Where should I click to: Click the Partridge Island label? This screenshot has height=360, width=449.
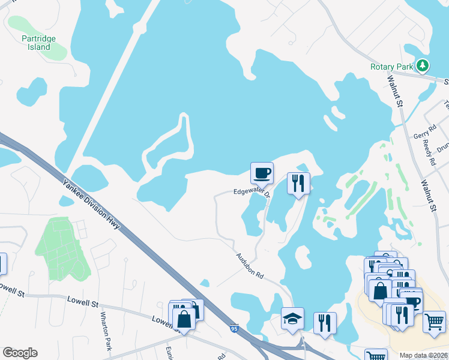coord(38,43)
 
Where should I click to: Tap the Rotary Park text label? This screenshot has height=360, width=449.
coord(392,67)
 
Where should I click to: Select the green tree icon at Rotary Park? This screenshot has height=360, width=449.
coord(423,65)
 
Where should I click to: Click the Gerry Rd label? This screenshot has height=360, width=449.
coord(423,136)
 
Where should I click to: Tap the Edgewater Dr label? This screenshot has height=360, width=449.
coord(252,192)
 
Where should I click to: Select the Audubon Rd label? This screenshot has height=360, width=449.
coord(250,265)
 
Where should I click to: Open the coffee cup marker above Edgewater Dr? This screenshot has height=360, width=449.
coord(262,173)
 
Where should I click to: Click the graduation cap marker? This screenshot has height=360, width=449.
coord(292,319)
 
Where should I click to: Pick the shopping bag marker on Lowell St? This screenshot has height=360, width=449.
coord(184,319)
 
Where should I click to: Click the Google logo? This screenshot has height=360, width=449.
coord(20,353)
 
